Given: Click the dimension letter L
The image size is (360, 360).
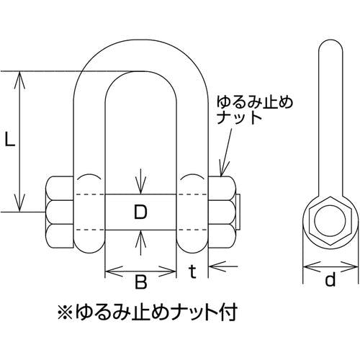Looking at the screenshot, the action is click(x=10, y=140).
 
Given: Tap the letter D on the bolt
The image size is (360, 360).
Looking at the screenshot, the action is click(x=140, y=212).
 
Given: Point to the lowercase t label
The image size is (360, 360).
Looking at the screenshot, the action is click(x=192, y=271).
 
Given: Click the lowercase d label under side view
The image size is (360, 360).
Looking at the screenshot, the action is click(x=330, y=279).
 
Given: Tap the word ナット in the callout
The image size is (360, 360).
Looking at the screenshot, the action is click(x=239, y=117).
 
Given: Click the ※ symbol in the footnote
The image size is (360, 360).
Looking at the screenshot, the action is click(x=65, y=312).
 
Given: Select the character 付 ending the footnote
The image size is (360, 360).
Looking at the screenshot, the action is click(x=228, y=312).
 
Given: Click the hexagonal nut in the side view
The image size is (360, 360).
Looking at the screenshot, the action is click(x=330, y=220).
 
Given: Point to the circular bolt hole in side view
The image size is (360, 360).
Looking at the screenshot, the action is click(x=330, y=220).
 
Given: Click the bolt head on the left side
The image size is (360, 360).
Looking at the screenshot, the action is click(x=59, y=212).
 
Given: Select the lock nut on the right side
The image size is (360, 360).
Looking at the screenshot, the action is click(x=222, y=212).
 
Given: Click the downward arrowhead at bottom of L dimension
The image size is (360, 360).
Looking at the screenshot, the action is click(x=20, y=203).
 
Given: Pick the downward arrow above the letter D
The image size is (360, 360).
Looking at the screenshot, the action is click(x=140, y=181).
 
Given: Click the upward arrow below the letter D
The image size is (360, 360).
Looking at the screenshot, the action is click(x=140, y=243).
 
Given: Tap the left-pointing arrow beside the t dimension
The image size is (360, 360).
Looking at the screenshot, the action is click(x=223, y=266).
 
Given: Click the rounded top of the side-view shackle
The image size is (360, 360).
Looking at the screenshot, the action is click(x=330, y=41).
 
